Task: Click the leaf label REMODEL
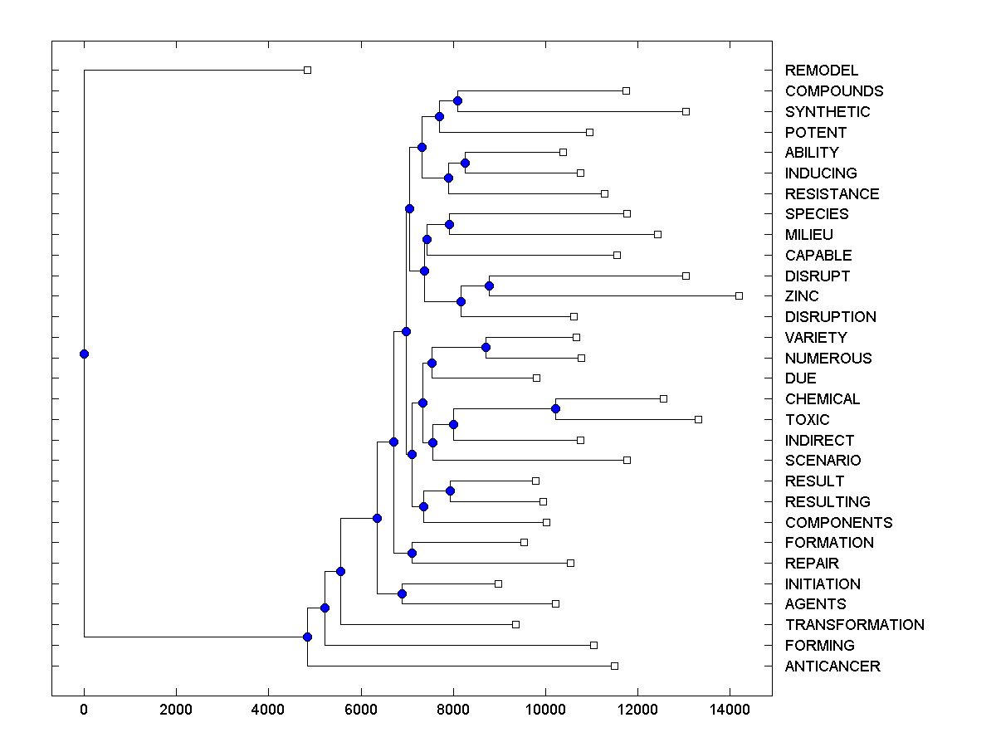pyautogui.click(x=822, y=71)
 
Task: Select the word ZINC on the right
pyautogui.click(x=802, y=296)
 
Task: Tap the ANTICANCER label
pyautogui.click(x=832, y=666)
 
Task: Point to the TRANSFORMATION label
pyautogui.click(x=854, y=625)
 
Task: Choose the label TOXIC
pyautogui.click(x=807, y=420)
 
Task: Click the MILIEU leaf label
pyautogui.click(x=808, y=235)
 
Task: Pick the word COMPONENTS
pyautogui.click(x=838, y=523)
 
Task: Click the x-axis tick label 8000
pyautogui.click(x=453, y=710)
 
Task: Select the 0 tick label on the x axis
pyautogui.click(x=84, y=710)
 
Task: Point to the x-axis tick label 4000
pyautogui.click(x=268, y=710)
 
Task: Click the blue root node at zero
pyautogui.click(x=84, y=354)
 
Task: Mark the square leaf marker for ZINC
pyautogui.click(x=739, y=295)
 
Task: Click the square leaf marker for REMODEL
pyautogui.click(x=307, y=70)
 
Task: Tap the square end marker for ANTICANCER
pyautogui.click(x=614, y=666)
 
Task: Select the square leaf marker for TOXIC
pyautogui.click(x=698, y=419)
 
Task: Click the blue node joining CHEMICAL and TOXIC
pyautogui.click(x=555, y=408)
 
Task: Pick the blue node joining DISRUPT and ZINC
pyautogui.click(x=489, y=286)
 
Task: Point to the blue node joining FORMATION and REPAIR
pyautogui.click(x=412, y=553)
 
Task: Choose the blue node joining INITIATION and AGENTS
pyautogui.click(x=402, y=593)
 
